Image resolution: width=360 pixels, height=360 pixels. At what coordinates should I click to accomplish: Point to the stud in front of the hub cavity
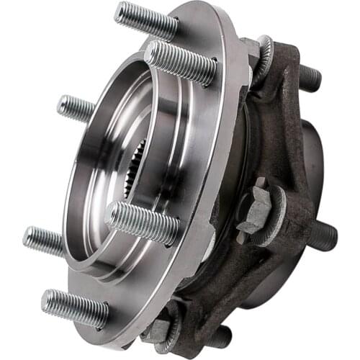tap(143, 222)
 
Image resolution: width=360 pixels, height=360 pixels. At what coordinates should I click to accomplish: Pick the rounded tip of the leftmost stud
tap(27, 235)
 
